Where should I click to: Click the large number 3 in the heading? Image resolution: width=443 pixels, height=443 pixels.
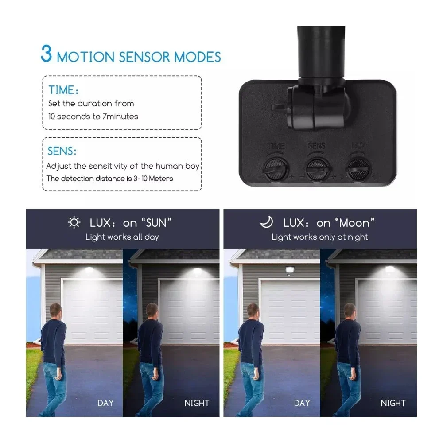click(x=47, y=53)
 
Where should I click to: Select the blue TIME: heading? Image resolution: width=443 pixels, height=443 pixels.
click(x=63, y=90)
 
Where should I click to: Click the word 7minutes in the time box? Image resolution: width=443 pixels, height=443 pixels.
click(x=120, y=117)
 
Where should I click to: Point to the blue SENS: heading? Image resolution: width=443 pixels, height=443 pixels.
click(x=62, y=151)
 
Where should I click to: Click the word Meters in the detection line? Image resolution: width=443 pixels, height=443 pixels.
click(x=161, y=179)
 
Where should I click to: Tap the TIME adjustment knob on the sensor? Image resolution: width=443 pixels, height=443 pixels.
click(x=275, y=169)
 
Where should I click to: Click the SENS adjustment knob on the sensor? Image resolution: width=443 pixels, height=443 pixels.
click(x=318, y=169)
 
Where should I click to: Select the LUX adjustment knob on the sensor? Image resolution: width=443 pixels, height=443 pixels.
click(x=358, y=169)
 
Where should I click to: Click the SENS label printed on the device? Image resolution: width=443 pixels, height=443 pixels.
click(x=316, y=146)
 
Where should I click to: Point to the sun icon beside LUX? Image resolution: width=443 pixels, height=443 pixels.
click(x=74, y=222)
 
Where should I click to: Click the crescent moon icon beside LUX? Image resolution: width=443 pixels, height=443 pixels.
click(x=267, y=222)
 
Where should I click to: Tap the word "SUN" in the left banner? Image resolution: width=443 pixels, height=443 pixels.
click(x=156, y=223)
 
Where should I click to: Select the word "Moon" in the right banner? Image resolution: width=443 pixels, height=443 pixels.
click(x=354, y=223)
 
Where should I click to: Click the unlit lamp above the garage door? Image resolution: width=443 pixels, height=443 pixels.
click(x=290, y=270)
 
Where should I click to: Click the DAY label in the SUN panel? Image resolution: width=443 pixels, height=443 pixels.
click(x=105, y=403)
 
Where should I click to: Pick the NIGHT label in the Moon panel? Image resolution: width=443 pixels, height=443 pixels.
click(x=393, y=403)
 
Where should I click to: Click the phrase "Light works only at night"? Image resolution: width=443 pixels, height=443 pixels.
click(x=319, y=237)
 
